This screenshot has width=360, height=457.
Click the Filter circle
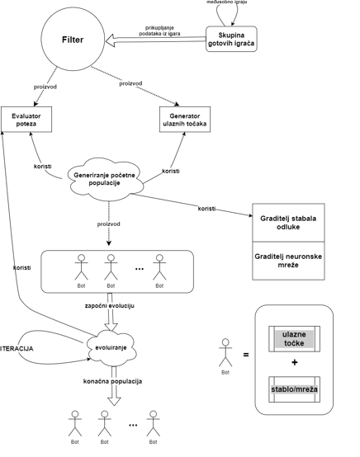pos(73,39)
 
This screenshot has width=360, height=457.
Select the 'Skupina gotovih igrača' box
pos(231,39)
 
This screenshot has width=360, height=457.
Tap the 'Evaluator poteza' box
pos(26,120)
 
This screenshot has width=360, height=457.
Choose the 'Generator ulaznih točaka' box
pos(185,120)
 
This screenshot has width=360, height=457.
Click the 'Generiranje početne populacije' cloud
pos(105,179)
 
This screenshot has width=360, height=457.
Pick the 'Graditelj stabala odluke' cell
pos(288,223)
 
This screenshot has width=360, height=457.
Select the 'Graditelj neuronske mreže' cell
pos(288,261)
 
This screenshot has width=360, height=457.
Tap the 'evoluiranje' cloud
pos(111,347)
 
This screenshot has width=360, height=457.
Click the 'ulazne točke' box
pos(294,339)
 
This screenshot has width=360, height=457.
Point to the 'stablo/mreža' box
pos(294,389)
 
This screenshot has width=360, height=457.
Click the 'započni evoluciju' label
pos(109,306)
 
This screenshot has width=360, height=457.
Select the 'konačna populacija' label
pos(112,381)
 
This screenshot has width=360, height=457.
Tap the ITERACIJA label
pos(17,349)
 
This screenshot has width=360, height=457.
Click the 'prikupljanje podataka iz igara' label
pos(159,31)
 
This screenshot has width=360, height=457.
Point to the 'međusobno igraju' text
pos(227,2)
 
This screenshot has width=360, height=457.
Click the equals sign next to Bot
pos(246,355)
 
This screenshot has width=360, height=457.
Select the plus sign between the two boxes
pos(295,363)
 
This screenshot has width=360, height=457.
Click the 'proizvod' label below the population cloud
pos(108,224)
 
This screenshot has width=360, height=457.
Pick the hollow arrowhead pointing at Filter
pos(110,40)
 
